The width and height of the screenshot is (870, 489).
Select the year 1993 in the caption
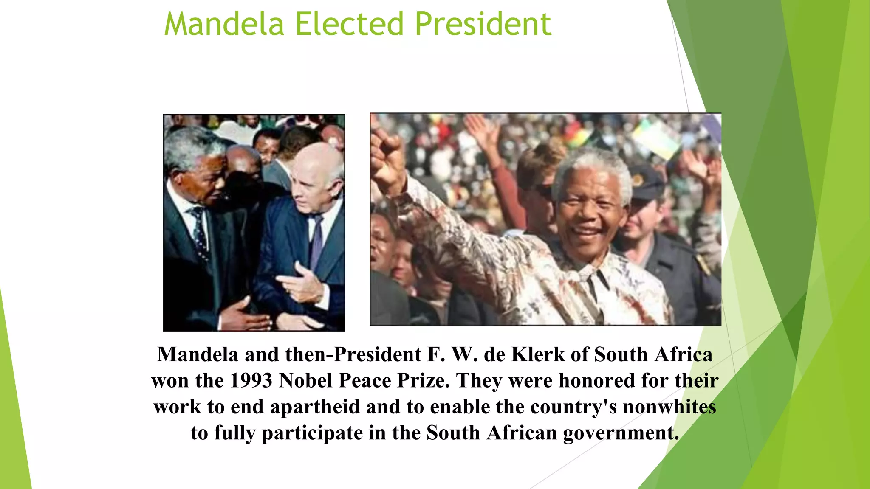pyautogui.click(x=251, y=381)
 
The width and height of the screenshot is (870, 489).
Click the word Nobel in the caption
pyautogui.click(x=305, y=381)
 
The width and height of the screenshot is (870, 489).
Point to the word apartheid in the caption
pyautogui.click(x=315, y=407)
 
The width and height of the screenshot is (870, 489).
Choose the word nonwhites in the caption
pyautogui.click(x=669, y=407)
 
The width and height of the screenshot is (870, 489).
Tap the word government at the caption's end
pyautogui.click(x=621, y=433)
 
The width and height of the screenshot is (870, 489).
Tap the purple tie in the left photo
pyautogui.click(x=316, y=242)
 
